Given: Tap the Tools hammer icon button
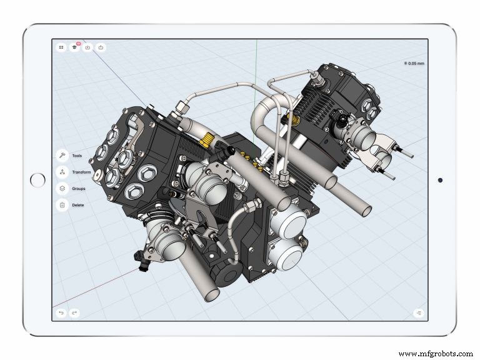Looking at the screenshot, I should pos(62,156).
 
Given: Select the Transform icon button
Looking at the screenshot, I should pos(62,172).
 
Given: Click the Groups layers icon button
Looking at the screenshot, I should pos(62,188).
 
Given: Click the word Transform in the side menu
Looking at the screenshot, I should pos(81,172).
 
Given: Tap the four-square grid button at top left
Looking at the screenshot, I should pos(61,47).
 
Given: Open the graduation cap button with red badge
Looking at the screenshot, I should pos(74,47).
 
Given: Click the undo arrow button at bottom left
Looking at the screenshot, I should pos(61,312).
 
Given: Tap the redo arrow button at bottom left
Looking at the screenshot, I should pos(74,312).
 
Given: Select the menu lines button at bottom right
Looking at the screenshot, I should pos(418,312).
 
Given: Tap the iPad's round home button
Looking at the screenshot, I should pos(38,180).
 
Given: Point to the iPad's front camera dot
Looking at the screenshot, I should pos(441,180).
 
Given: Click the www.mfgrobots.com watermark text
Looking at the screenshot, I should pos(436,353).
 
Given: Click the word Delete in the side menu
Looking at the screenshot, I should pos(78,205).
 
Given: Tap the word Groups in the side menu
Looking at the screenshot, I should pos(79,189).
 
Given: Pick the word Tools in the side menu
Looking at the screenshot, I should pos(77,156).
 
